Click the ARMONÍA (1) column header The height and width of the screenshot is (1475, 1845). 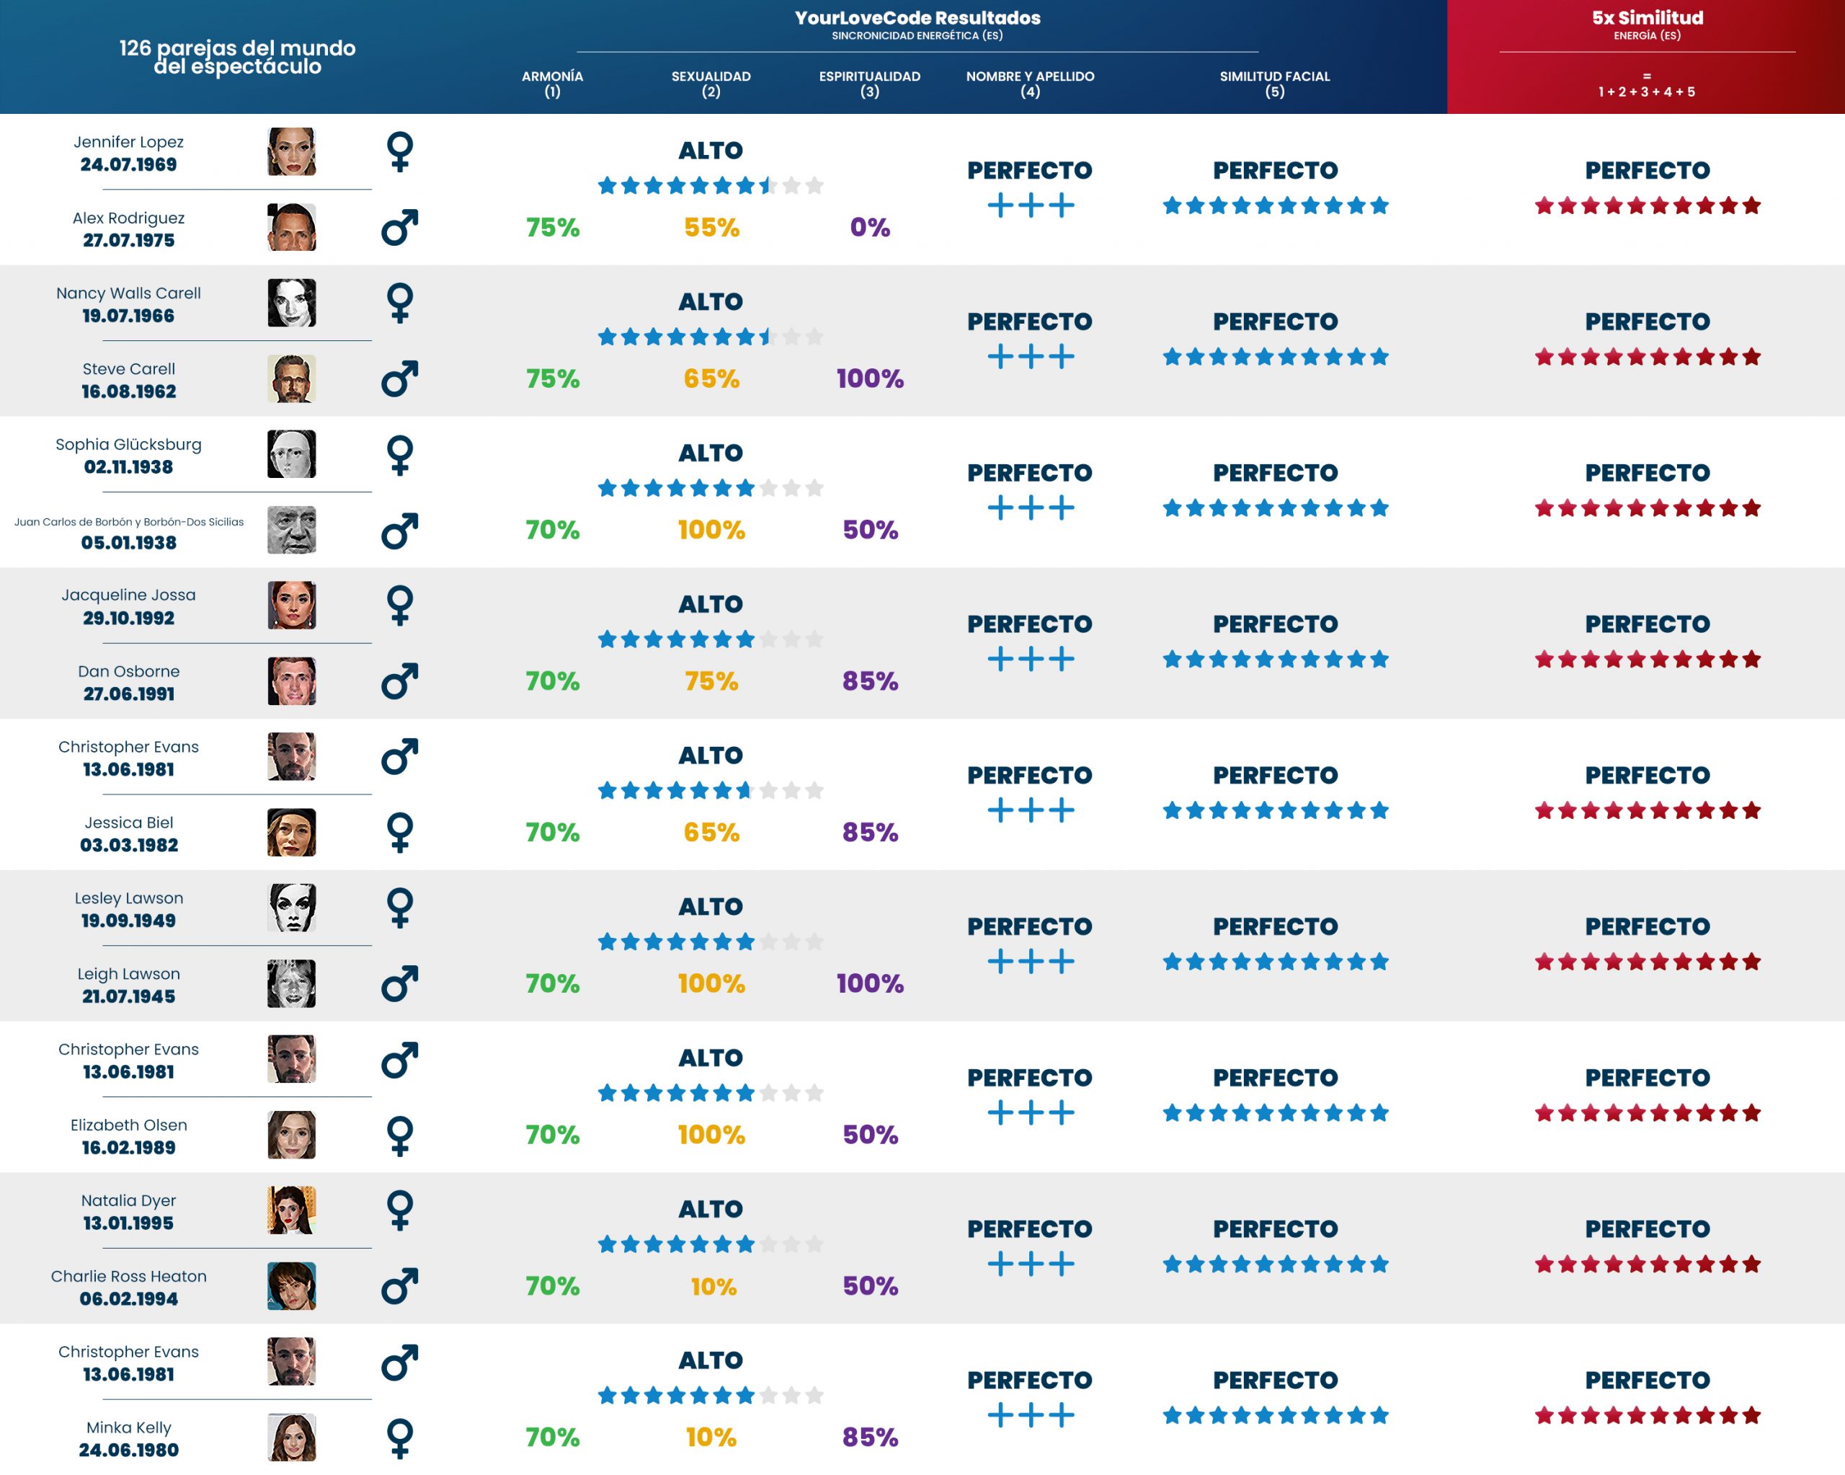552,83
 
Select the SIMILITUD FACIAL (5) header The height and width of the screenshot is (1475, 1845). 1274,83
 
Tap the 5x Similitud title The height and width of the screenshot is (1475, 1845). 1647,18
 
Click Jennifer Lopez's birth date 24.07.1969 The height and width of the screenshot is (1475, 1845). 128,164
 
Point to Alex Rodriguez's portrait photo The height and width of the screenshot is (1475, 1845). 291,227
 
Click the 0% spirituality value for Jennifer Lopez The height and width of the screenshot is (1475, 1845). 869,228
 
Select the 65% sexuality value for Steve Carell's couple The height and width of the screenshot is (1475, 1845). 711,378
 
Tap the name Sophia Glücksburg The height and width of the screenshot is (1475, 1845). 128,444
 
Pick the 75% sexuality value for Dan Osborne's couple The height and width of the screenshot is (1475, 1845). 711,681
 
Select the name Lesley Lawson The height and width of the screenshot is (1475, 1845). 128,898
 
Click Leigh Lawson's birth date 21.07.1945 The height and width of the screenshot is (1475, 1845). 128,996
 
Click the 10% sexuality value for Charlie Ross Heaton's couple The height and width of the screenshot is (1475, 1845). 713,1286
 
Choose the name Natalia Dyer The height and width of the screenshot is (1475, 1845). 128,1200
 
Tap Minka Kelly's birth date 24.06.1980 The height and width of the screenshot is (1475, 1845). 128,1450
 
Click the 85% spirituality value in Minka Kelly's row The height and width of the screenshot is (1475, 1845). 869,1438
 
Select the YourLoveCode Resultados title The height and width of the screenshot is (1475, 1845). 917,18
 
